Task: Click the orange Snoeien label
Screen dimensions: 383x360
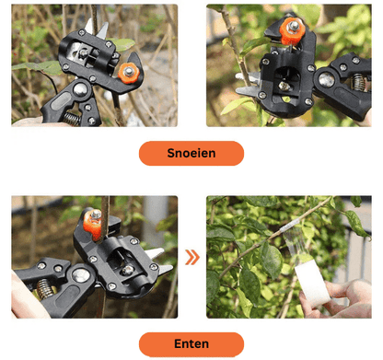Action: tap(191, 153)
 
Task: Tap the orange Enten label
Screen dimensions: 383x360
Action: tap(191, 344)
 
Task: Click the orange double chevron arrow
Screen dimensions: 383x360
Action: tap(192, 257)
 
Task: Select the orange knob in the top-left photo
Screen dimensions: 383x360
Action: tap(129, 73)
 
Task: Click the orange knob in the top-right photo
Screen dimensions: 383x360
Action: tap(293, 30)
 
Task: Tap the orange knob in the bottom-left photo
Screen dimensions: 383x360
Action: tap(93, 224)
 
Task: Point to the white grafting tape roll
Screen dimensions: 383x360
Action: tap(312, 286)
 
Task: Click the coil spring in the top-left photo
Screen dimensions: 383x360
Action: tap(71, 119)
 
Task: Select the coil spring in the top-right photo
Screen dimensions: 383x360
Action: tap(359, 83)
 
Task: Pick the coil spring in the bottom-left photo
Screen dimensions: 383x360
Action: tap(45, 288)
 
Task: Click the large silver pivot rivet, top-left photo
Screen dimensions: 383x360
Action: tap(80, 89)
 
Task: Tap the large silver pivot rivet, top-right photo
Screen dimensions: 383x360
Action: tap(326, 80)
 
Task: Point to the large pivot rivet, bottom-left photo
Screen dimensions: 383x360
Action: tap(81, 275)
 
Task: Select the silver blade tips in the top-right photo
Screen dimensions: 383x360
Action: tap(247, 84)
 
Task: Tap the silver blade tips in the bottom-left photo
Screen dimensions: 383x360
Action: tap(158, 261)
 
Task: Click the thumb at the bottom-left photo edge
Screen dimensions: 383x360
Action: tap(29, 298)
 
